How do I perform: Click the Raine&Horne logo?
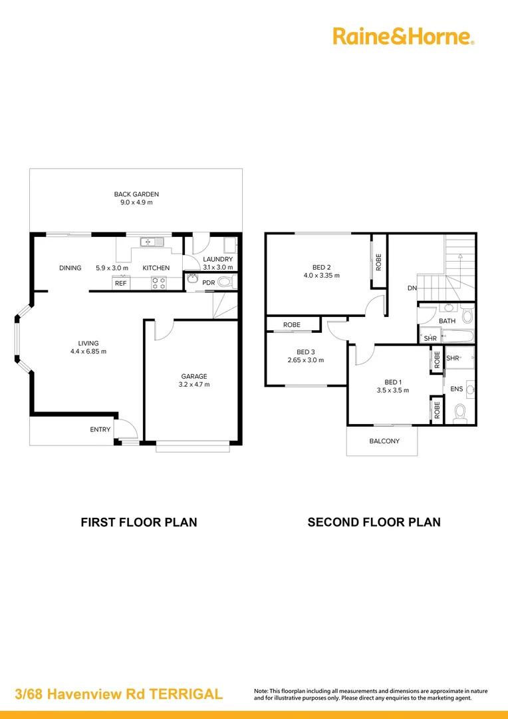tap(403, 36)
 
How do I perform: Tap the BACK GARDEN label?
tap(136, 194)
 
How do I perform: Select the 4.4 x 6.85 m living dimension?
tap(88, 352)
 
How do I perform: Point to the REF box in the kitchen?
tap(120, 284)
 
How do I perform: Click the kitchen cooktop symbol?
tap(159, 283)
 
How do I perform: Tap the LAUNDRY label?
tap(217, 259)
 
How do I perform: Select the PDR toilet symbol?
tap(225, 282)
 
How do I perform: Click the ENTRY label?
tap(100, 429)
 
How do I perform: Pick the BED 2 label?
tap(321, 267)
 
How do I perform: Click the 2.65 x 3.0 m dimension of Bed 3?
tap(306, 360)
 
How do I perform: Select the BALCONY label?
tap(384, 441)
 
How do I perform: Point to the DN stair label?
tap(412, 288)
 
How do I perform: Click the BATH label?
tap(447, 321)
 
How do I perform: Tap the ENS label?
tap(457, 388)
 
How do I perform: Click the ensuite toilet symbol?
tap(459, 415)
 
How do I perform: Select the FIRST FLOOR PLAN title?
tap(139, 522)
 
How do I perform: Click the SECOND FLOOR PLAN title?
tap(374, 522)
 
